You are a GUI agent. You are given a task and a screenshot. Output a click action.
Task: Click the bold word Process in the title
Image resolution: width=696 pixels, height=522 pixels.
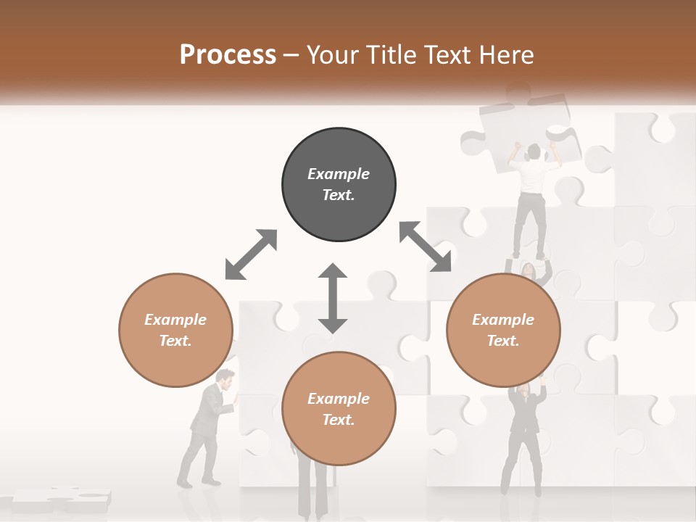[228, 55]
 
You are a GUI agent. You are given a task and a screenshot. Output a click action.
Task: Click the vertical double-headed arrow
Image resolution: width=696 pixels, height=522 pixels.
[333, 298]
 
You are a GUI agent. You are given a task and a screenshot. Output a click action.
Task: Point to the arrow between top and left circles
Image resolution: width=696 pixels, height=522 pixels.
[251, 254]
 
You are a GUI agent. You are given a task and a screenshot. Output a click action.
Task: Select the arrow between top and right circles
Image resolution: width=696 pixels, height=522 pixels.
[425, 246]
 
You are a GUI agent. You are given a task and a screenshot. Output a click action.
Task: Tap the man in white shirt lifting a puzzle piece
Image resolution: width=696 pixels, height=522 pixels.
[533, 196]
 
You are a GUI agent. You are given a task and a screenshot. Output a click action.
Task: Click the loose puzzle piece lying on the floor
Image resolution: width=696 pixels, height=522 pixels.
[62, 499]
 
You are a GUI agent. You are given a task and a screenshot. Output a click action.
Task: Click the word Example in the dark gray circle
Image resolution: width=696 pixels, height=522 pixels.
[339, 174]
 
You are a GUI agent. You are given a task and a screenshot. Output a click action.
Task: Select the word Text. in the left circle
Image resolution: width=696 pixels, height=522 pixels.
[175, 341]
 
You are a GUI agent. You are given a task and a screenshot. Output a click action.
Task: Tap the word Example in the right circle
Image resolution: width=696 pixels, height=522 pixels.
[503, 320]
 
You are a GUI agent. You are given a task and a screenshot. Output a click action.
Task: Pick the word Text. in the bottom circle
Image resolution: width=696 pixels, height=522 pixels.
[339, 420]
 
